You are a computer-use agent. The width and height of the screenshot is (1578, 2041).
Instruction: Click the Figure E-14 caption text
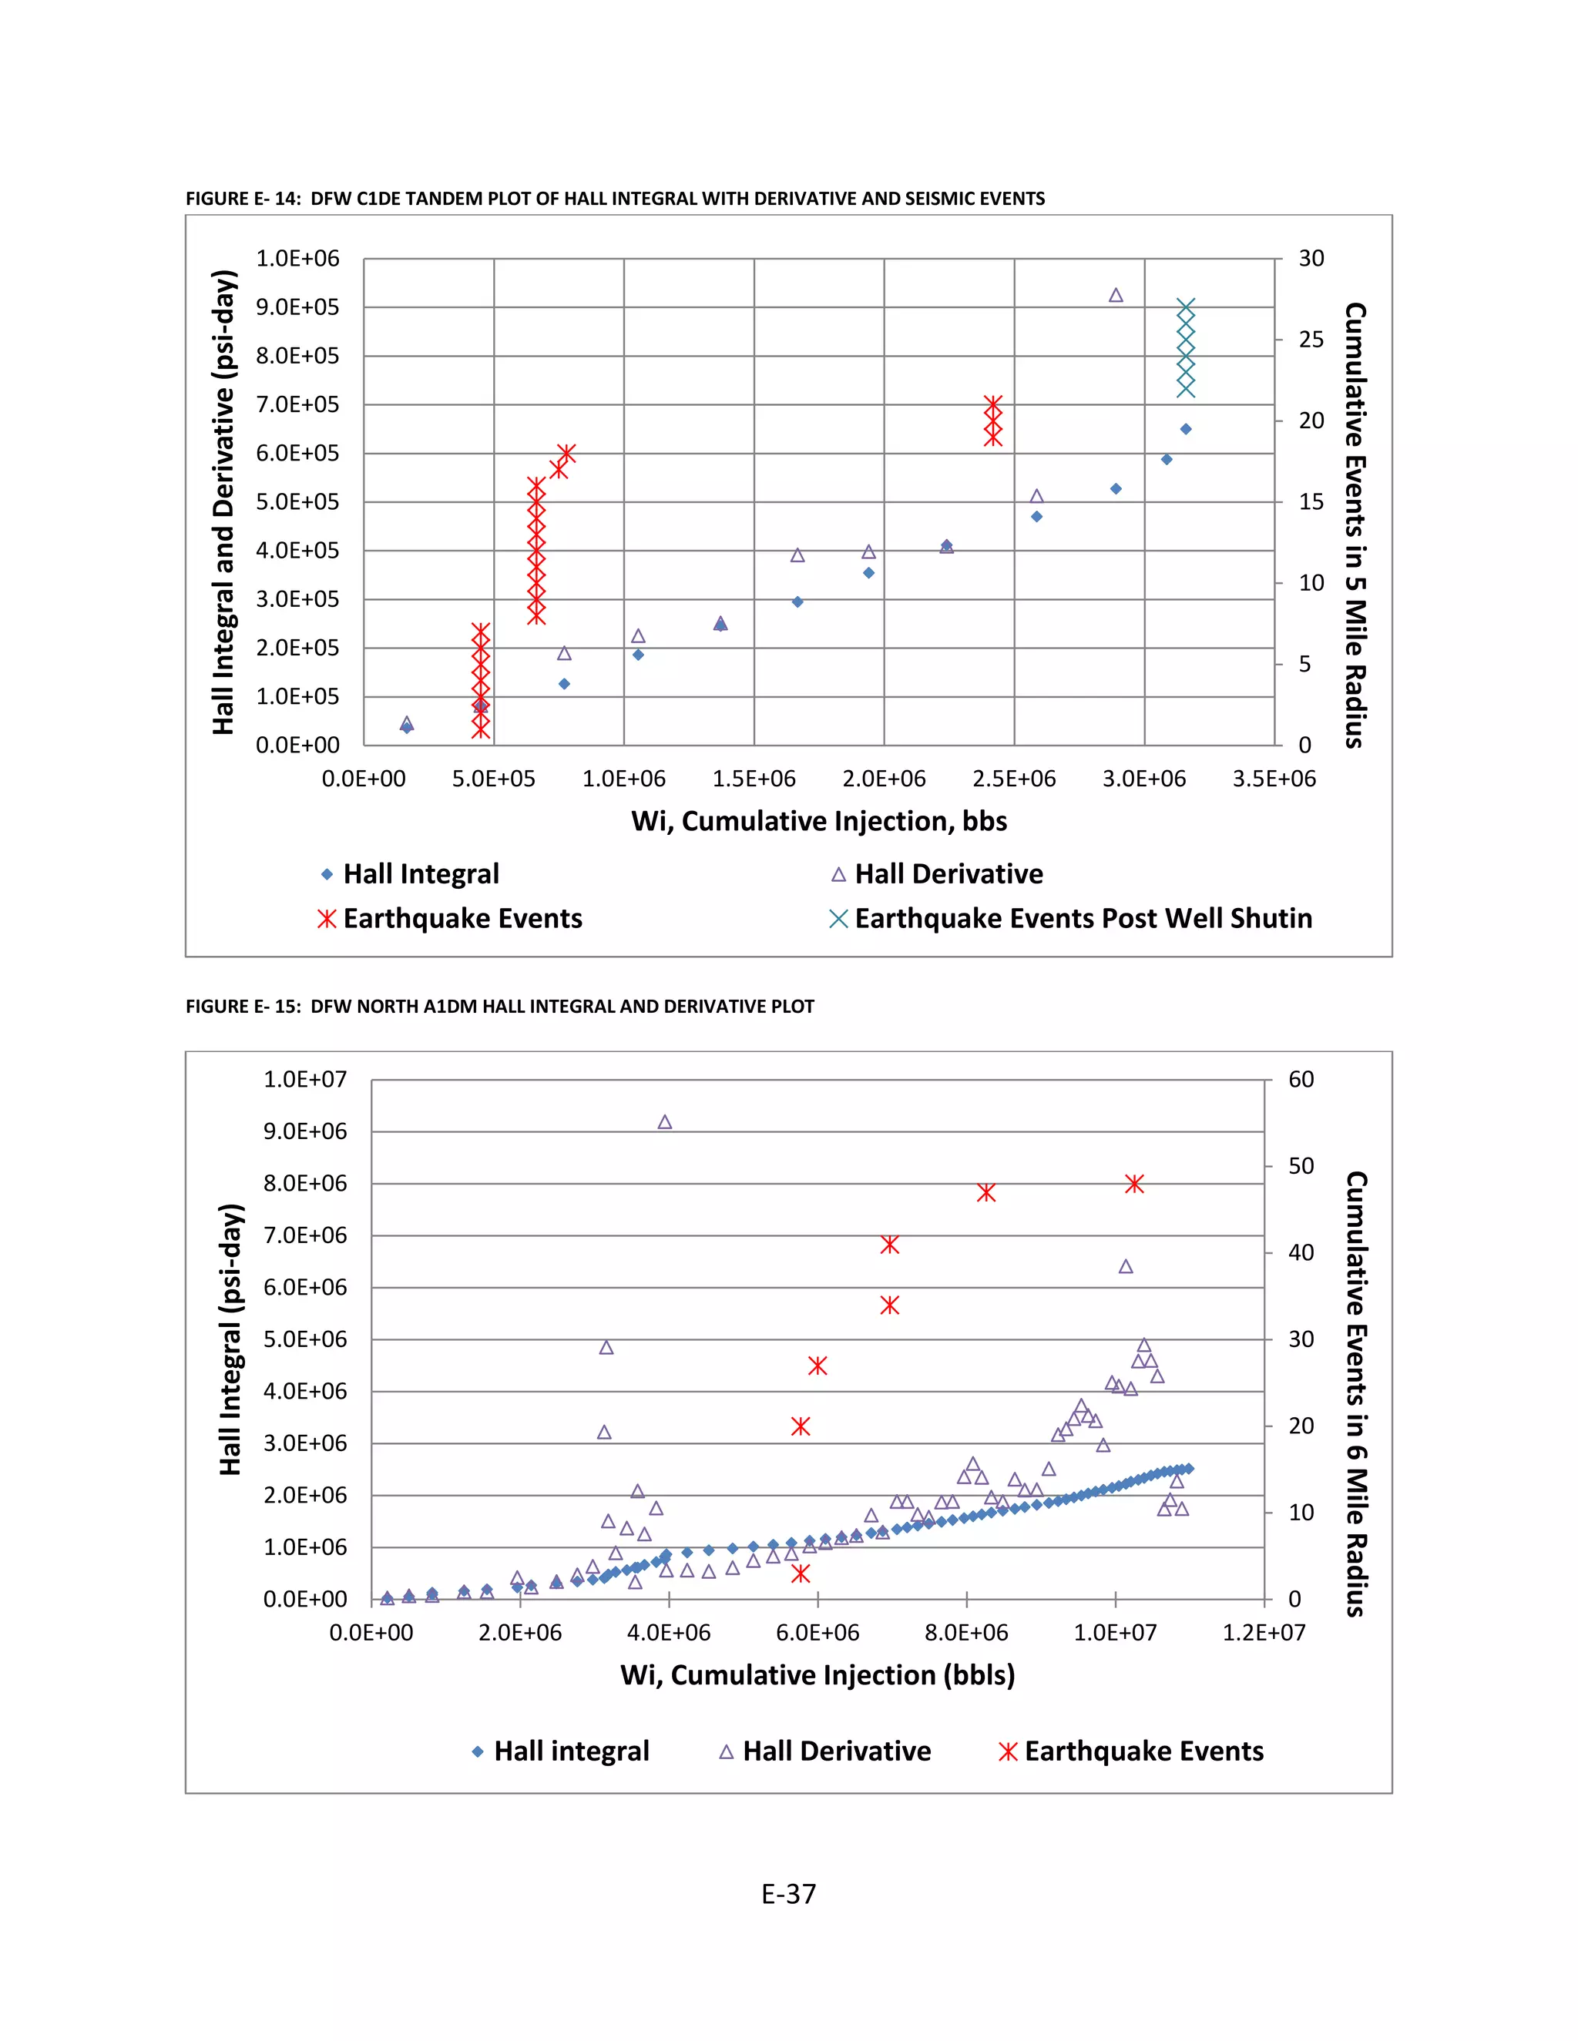(614, 198)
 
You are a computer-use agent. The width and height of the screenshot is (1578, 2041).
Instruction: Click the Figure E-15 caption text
(499, 1007)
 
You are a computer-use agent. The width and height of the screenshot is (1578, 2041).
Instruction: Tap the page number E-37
(788, 1895)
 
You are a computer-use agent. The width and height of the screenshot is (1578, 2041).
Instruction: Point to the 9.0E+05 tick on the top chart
(297, 307)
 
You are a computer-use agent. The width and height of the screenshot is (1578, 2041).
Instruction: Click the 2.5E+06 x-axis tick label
(1013, 779)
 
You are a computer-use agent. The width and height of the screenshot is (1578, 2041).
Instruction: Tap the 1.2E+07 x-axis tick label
(1263, 1634)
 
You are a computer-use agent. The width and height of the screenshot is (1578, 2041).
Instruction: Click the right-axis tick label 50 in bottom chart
(1301, 1166)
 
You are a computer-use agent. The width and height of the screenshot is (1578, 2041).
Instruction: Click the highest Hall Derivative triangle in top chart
(1115, 295)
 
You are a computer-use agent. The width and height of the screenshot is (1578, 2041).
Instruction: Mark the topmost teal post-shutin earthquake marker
(1185, 307)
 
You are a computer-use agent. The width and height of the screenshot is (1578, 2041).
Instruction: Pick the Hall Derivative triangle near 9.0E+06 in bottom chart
(665, 1122)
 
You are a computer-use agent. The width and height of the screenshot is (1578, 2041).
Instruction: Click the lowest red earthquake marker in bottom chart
(801, 1573)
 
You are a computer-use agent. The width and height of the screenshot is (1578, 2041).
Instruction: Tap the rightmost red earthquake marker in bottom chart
(1134, 1184)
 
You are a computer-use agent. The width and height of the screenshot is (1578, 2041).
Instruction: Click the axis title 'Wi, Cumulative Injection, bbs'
(819, 822)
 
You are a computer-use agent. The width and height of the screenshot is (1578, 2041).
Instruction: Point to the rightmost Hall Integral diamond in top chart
(1185, 429)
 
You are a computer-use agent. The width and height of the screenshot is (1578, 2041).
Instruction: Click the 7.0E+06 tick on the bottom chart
(305, 1235)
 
